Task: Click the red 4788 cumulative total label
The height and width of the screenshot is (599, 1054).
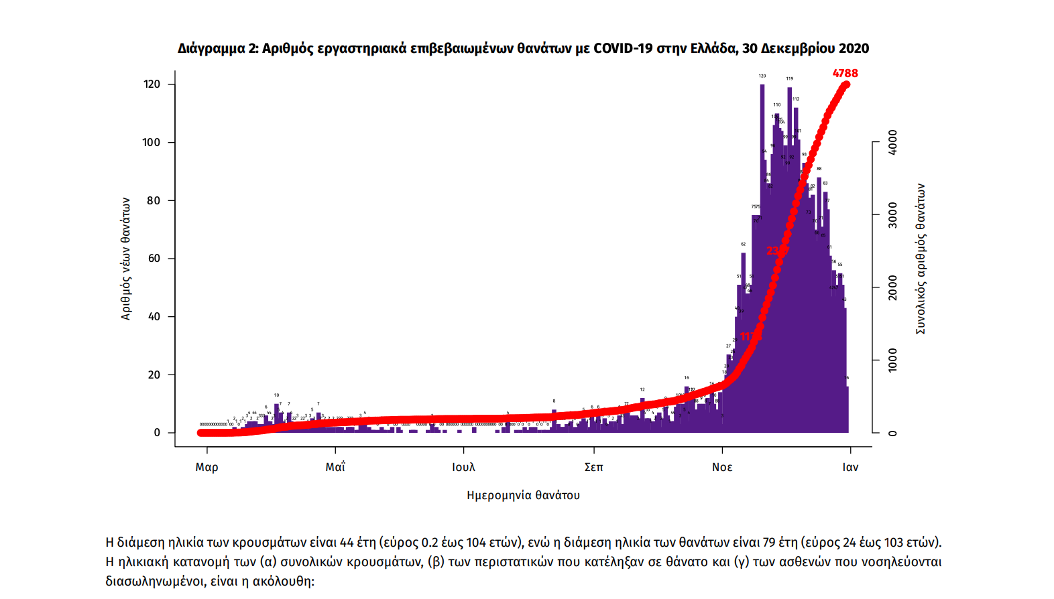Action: (845, 73)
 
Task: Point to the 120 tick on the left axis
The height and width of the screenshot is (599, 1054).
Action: (152, 84)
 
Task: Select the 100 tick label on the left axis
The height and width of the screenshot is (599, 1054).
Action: (152, 142)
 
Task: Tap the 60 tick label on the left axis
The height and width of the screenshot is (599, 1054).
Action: (154, 259)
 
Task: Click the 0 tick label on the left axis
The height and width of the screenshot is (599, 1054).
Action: (157, 433)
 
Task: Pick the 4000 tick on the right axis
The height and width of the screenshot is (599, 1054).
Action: (892, 142)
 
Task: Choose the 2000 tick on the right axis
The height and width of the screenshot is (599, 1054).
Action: (892, 287)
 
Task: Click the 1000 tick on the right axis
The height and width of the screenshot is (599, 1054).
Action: (892, 360)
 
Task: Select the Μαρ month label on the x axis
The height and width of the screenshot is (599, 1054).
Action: (207, 467)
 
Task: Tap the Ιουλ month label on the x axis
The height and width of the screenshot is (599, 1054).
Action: (463, 467)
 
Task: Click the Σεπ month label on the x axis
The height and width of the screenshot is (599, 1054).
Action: (593, 467)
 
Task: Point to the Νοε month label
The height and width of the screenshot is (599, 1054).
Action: (722, 467)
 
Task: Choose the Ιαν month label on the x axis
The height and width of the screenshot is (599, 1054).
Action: (850, 467)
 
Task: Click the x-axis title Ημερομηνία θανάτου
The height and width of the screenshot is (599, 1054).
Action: (523, 495)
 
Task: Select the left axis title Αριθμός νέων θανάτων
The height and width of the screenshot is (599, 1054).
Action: (126, 259)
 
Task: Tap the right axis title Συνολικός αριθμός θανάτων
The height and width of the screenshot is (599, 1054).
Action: (921, 259)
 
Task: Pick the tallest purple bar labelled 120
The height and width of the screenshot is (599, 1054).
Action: (762, 255)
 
